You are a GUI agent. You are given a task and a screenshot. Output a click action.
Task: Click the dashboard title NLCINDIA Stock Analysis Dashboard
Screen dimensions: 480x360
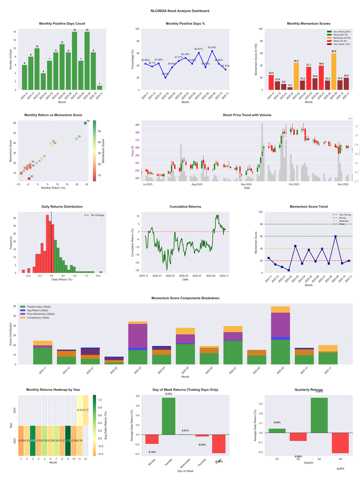pos(180,10)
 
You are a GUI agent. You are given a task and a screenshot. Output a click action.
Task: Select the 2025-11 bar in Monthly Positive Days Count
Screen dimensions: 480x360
pos(99,87)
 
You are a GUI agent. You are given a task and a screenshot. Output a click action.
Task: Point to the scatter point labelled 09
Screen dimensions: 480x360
pos(85,123)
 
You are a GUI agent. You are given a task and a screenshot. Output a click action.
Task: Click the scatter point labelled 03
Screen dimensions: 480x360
pos(76,139)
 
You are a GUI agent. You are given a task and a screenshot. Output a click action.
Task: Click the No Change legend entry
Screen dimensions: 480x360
pos(97,215)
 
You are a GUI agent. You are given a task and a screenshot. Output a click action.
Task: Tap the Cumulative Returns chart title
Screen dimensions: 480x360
pos(185,207)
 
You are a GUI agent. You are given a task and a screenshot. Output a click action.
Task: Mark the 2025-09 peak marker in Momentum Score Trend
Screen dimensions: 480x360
pos(335,236)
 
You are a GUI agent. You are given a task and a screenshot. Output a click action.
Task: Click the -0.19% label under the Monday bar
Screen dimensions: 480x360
pos(152,452)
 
